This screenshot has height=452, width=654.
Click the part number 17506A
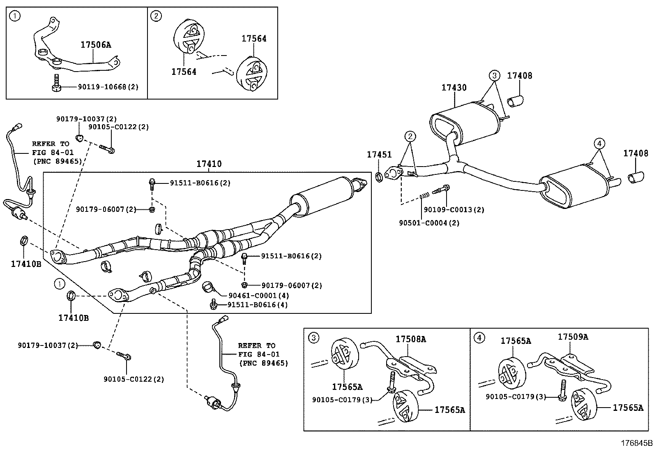(x=96, y=45)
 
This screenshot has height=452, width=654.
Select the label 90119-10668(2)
(x=108, y=87)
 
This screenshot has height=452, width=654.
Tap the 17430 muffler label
(x=454, y=88)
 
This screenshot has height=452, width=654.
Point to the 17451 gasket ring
(x=380, y=177)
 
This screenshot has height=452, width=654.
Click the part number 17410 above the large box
(x=209, y=164)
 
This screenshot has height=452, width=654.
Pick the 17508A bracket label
(x=411, y=339)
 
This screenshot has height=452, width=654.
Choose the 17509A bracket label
(x=573, y=337)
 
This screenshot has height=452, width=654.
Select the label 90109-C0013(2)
(x=454, y=210)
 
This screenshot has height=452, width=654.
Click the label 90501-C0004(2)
(x=429, y=223)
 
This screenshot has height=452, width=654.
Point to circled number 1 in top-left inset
(x=15, y=16)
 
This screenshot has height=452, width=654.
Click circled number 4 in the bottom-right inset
(x=479, y=338)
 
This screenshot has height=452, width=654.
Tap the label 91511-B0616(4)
(x=258, y=305)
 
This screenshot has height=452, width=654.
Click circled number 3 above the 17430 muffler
(x=494, y=75)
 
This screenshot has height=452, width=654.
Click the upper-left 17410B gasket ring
(x=24, y=241)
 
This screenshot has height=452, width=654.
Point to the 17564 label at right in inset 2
(x=254, y=39)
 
